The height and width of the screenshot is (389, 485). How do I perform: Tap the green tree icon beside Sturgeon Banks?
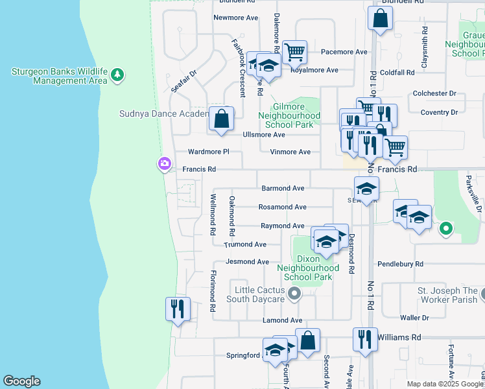pos(117,75)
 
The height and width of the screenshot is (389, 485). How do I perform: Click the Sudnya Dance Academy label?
pos(163,113)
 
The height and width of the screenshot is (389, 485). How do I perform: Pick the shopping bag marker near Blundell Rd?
pos(380,19)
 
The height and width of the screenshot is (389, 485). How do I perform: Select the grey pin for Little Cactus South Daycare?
pos(295,294)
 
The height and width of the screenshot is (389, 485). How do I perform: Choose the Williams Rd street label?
pos(399,337)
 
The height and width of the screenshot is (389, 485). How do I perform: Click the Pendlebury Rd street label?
pos(401,265)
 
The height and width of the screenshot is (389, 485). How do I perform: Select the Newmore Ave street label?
pos(236,18)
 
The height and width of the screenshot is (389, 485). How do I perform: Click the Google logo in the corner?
pos(21,381)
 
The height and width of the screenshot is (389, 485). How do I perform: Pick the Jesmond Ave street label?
pos(247,262)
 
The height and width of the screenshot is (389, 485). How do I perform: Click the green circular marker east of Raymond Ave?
pos(445,228)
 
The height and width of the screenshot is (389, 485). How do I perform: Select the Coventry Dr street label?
pos(439,113)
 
